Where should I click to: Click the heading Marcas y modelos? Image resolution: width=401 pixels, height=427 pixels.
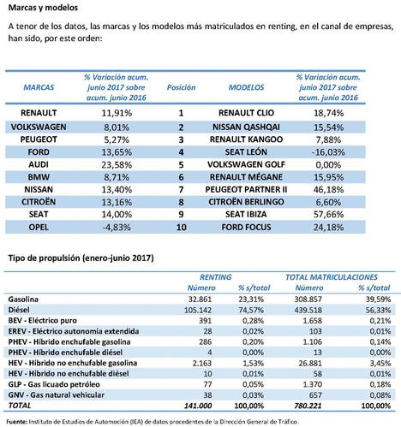coord(38,8)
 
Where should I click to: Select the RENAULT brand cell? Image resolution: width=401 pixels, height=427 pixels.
coord(34,112)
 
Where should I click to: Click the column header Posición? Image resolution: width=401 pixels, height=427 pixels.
coord(182,87)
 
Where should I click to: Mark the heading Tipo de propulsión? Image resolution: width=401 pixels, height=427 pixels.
coord(77,258)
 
